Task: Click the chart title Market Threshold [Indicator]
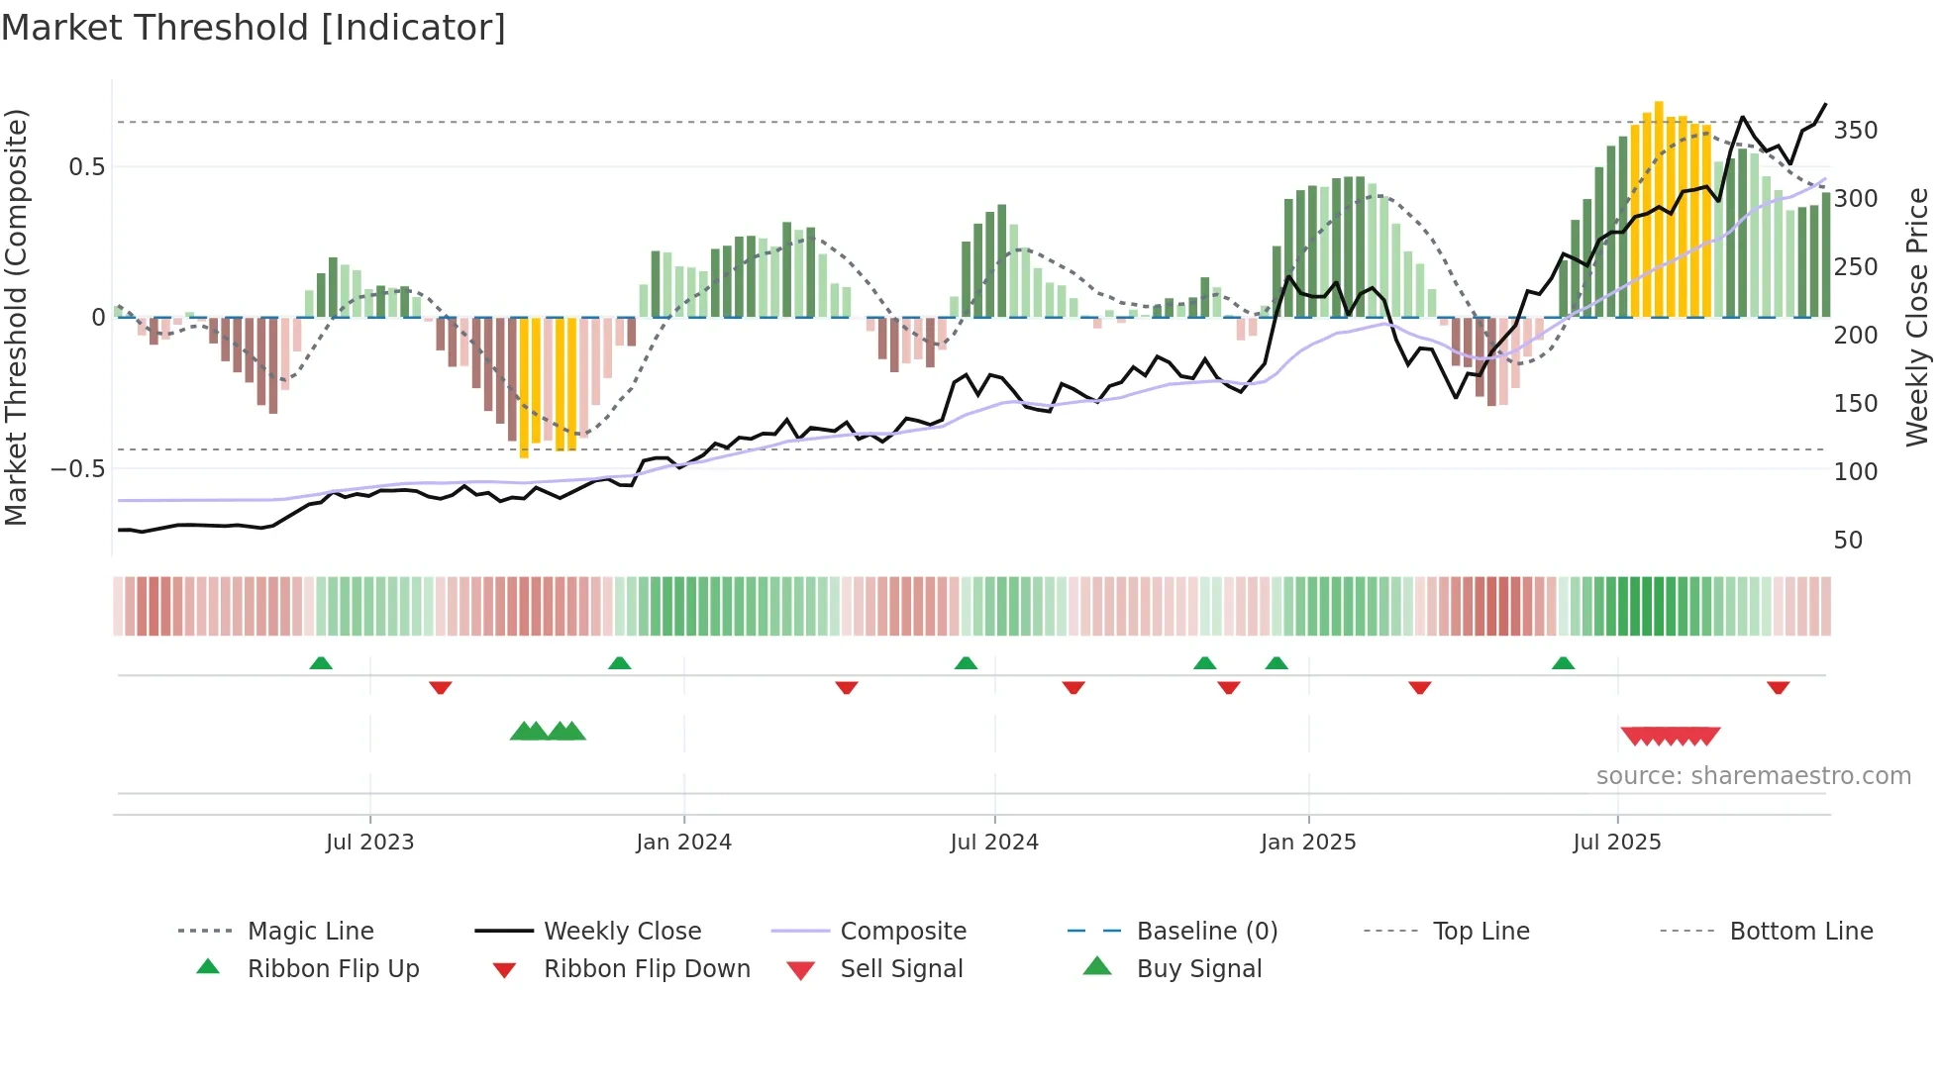point(254,28)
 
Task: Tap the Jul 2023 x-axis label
point(369,843)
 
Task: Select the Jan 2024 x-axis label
point(683,843)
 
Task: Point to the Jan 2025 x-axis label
point(1307,843)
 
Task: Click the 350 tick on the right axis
point(1855,131)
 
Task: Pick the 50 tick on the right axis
point(1848,541)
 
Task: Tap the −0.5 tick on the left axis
point(77,469)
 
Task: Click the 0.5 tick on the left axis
point(86,167)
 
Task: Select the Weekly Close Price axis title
point(1917,317)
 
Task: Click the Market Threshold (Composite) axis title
point(16,317)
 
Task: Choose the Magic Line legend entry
point(310,932)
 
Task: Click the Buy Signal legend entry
point(1198,969)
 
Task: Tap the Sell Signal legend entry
point(900,969)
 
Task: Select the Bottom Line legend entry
point(1800,932)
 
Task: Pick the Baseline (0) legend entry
point(1206,932)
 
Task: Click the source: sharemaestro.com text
point(1753,776)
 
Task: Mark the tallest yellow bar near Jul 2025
point(1659,208)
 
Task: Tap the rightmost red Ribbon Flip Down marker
point(1778,687)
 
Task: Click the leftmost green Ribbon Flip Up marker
point(321,663)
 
